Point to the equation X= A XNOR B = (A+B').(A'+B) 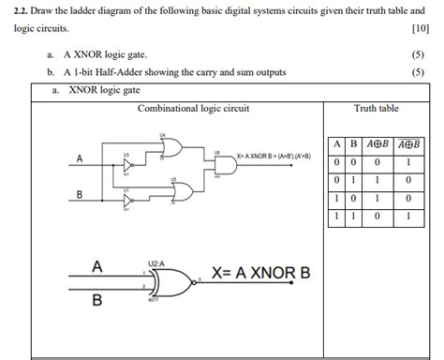click(x=274, y=157)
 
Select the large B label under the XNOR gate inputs click(x=96, y=302)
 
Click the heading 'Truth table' click(x=376, y=109)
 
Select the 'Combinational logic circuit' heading click(x=193, y=109)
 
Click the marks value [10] click(x=420, y=29)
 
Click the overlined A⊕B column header click(x=408, y=144)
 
